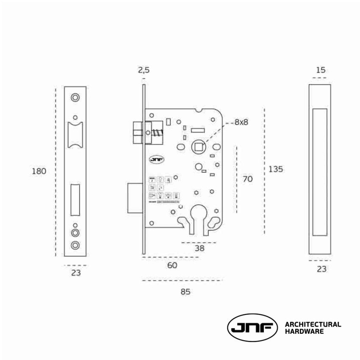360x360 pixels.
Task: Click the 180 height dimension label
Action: (x=39, y=172)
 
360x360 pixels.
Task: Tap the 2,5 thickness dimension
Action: (x=144, y=70)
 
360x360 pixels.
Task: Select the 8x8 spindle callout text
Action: (x=241, y=122)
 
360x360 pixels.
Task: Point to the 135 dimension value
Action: (x=276, y=169)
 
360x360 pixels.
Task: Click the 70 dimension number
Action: (x=247, y=179)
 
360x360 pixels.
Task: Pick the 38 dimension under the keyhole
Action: (x=199, y=249)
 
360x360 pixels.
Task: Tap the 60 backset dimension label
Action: (x=172, y=266)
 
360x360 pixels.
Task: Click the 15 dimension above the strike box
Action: (x=321, y=70)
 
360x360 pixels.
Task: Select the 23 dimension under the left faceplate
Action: (x=76, y=273)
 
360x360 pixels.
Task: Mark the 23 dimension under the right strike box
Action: (x=321, y=269)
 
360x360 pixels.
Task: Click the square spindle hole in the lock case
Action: (x=198, y=147)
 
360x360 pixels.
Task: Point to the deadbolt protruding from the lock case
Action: (x=135, y=198)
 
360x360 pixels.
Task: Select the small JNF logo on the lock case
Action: (x=157, y=160)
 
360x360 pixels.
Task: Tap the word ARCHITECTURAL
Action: (x=313, y=324)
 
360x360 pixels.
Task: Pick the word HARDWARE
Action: (x=304, y=332)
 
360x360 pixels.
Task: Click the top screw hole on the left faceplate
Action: (x=75, y=97)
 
